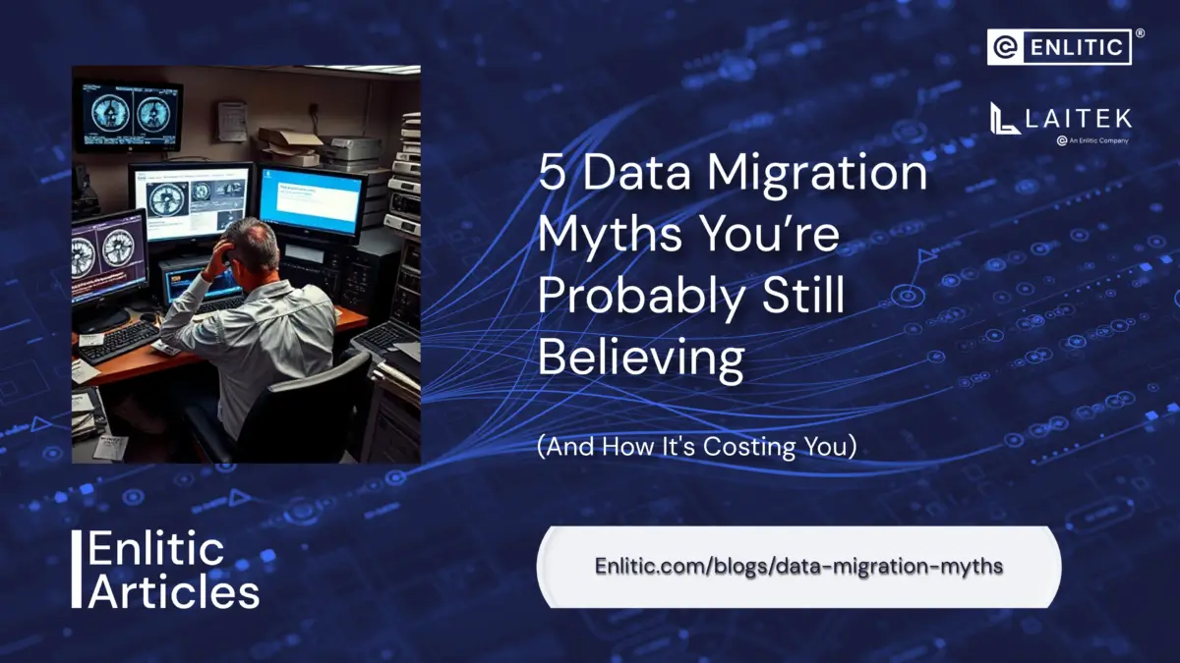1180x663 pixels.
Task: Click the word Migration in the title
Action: [x=817, y=174]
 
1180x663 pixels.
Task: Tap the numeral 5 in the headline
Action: [x=552, y=174]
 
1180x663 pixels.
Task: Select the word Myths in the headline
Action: [x=610, y=235]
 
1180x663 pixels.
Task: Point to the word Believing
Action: [x=641, y=359]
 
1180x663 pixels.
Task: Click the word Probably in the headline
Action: [x=641, y=297]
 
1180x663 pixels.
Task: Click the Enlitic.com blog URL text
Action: [x=798, y=567]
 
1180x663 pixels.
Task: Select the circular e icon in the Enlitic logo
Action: [x=1005, y=47]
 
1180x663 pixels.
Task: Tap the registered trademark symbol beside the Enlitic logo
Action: [x=1140, y=33]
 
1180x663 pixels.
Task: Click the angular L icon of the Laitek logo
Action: [x=1004, y=119]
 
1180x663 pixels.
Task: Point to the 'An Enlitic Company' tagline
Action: [x=1093, y=140]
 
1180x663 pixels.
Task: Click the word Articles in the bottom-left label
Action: [x=174, y=591]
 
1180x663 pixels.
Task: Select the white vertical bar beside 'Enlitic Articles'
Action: [x=77, y=569]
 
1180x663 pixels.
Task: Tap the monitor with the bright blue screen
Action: [x=312, y=201]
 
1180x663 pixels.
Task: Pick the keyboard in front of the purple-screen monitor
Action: [x=120, y=342]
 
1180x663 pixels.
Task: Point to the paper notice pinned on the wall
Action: [x=232, y=121]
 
